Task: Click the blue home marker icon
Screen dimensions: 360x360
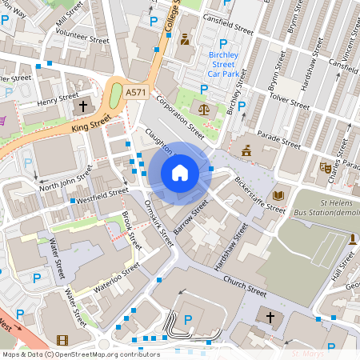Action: (x=180, y=173)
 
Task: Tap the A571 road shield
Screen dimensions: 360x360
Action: (x=136, y=93)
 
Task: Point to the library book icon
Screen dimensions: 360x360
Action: (x=278, y=195)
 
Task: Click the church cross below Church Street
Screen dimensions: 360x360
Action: (x=270, y=318)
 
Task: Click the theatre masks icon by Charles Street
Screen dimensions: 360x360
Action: (x=325, y=167)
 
